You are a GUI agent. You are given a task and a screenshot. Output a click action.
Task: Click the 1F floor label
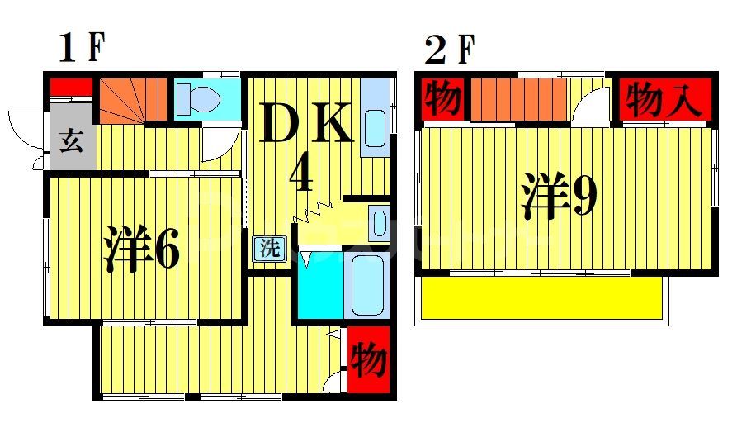(82, 49)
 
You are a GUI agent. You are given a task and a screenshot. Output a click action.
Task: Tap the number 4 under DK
(301, 173)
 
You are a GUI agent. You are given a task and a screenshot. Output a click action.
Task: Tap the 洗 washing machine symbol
(268, 247)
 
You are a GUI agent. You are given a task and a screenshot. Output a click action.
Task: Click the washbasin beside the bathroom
(378, 223)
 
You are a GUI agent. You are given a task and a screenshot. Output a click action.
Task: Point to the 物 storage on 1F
(368, 360)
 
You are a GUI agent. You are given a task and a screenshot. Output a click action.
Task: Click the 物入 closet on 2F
(663, 101)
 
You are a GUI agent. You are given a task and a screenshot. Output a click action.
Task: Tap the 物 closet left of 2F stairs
(442, 101)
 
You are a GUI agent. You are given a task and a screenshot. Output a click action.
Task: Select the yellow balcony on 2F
(541, 297)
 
